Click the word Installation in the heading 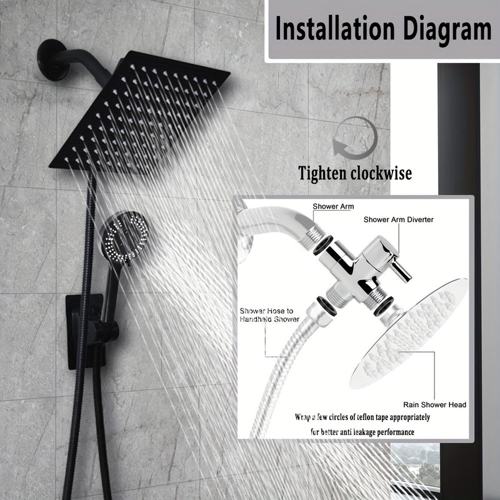tap(335, 29)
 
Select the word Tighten tap(322, 174)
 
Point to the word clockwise tap(381, 173)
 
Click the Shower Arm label tap(333, 206)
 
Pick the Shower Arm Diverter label tap(399, 219)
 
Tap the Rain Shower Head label tap(434, 404)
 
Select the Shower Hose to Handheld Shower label tap(269, 315)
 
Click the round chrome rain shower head tap(409, 334)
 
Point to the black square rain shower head tap(139, 112)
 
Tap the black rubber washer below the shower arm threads tap(322, 245)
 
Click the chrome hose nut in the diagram tap(319, 315)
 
